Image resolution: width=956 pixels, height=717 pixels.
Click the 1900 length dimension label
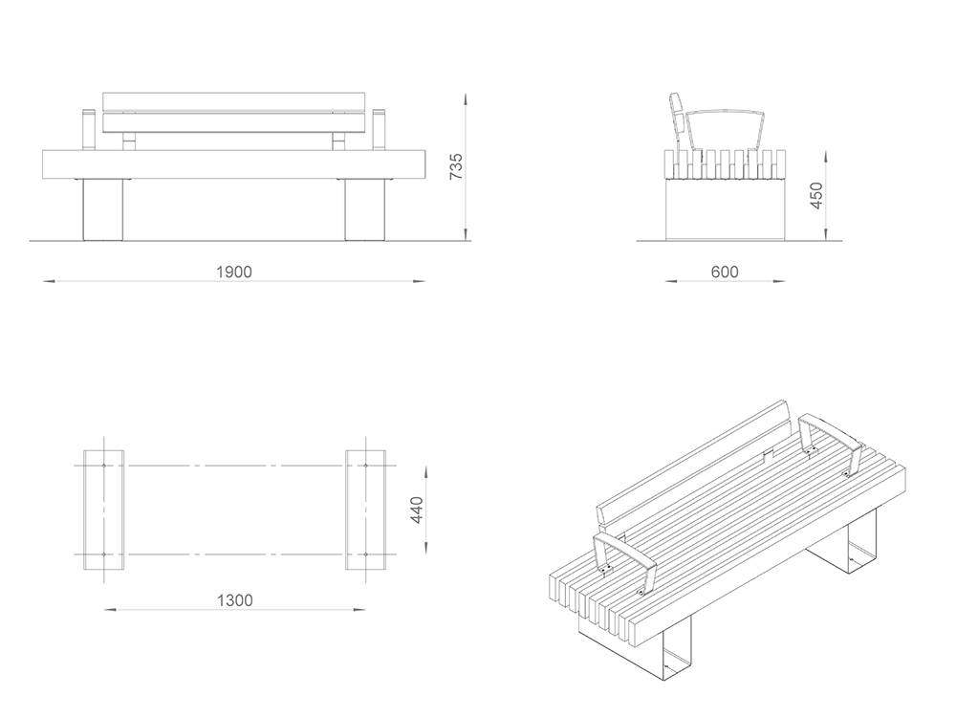tap(233, 272)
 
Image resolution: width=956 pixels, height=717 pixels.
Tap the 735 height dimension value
tap(456, 166)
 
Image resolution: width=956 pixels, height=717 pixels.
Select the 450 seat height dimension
tap(815, 196)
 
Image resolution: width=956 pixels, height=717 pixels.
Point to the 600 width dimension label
tap(725, 272)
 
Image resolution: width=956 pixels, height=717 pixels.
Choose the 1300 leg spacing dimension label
tap(234, 600)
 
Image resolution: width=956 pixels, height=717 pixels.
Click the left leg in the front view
tap(104, 208)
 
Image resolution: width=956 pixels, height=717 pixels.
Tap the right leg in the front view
tap(364, 208)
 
